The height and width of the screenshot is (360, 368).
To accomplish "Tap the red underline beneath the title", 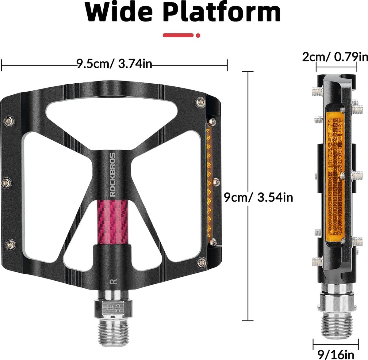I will [181, 36].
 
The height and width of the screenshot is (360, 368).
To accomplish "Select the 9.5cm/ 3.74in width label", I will [114, 64].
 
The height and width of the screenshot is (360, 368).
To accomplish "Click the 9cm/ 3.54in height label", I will [258, 197].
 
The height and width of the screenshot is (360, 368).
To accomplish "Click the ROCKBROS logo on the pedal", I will [113, 174].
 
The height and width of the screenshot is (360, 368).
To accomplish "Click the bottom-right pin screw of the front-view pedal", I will [202, 263].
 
